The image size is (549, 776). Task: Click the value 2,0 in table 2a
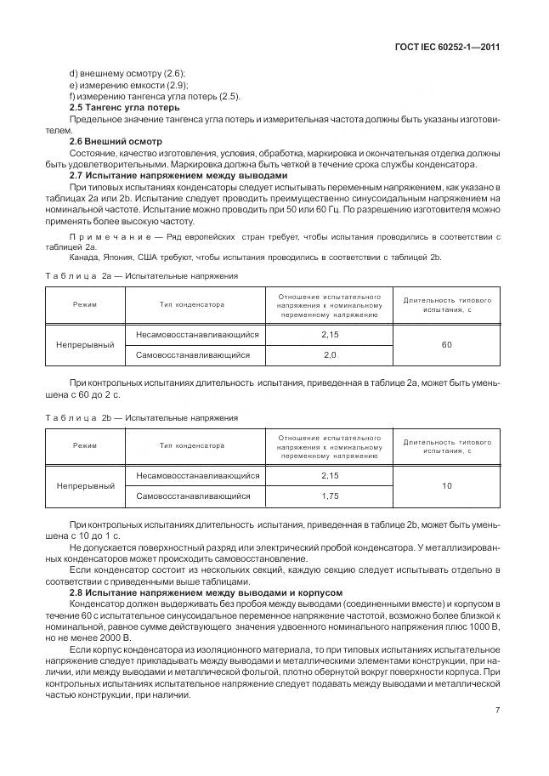[330, 354]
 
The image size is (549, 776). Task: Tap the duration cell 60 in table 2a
[446, 344]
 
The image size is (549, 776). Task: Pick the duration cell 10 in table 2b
[446, 486]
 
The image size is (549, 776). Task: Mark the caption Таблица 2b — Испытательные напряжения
[141, 417]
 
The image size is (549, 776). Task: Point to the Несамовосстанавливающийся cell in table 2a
[196, 335]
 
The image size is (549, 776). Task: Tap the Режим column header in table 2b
[85, 445]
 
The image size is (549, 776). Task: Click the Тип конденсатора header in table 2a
[191, 303]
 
